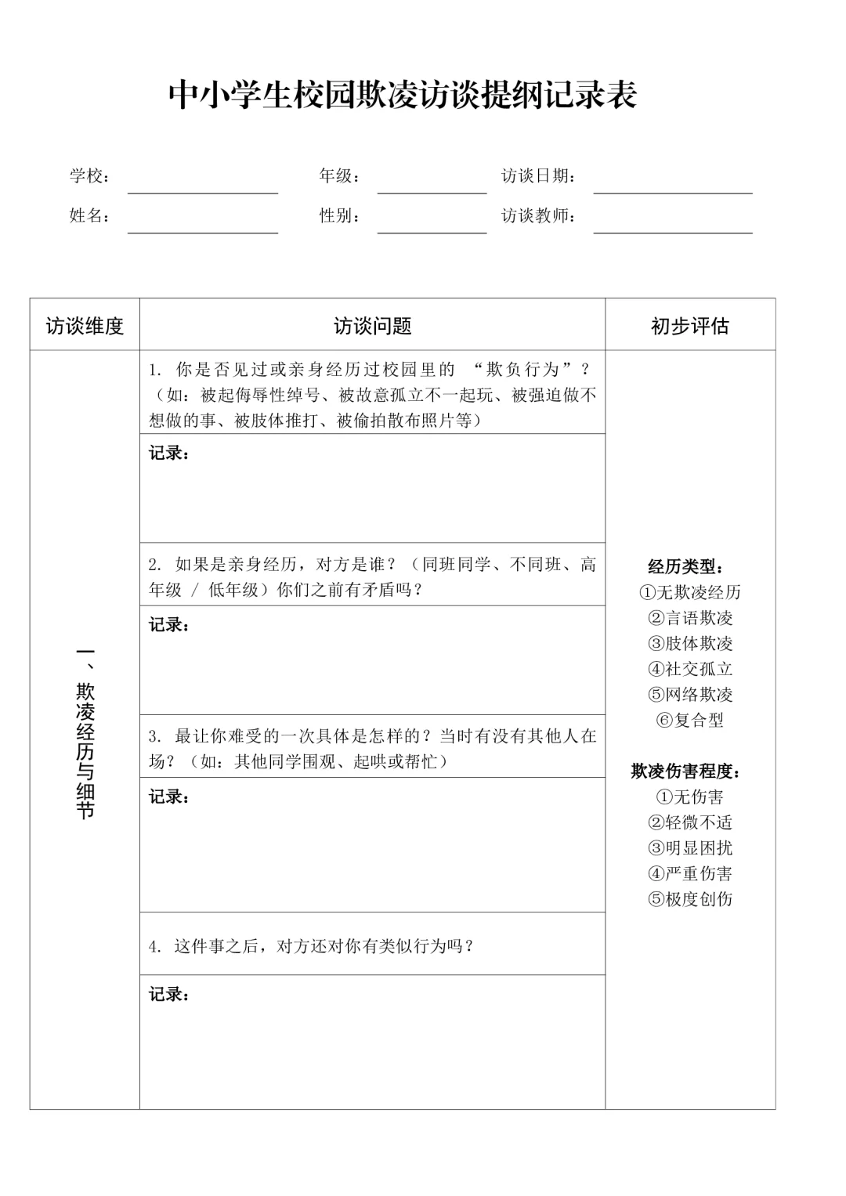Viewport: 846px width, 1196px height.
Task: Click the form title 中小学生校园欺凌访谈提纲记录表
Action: tap(403, 96)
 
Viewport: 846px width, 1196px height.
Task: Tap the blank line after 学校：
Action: tap(203, 185)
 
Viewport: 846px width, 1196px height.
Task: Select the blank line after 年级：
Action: tap(432, 185)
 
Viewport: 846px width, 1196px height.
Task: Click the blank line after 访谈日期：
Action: tap(672, 185)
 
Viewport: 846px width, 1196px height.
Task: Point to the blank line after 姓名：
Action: tap(203, 225)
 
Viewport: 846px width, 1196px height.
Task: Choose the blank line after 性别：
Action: tap(432, 225)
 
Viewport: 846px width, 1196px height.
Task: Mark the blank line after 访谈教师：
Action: tap(672, 225)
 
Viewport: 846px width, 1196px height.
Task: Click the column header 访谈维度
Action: tap(85, 326)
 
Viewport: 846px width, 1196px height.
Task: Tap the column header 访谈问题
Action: tap(372, 326)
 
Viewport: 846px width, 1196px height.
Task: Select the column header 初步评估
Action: tap(690, 326)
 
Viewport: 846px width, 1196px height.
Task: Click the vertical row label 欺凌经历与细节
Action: tap(85, 732)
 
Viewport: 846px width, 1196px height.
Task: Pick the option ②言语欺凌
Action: tap(690, 618)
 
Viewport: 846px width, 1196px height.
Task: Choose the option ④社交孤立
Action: tap(690, 669)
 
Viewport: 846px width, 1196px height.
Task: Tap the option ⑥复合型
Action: tap(690, 720)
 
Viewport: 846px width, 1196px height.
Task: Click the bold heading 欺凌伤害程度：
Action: tap(686, 771)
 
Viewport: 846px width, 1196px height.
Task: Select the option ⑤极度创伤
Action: tap(690, 899)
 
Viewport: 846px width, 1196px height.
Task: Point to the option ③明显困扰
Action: tap(690, 848)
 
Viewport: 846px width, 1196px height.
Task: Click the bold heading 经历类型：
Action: tap(686, 567)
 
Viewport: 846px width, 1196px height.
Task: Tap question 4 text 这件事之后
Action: tap(312, 946)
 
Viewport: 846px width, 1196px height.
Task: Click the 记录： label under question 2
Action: tap(169, 625)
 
